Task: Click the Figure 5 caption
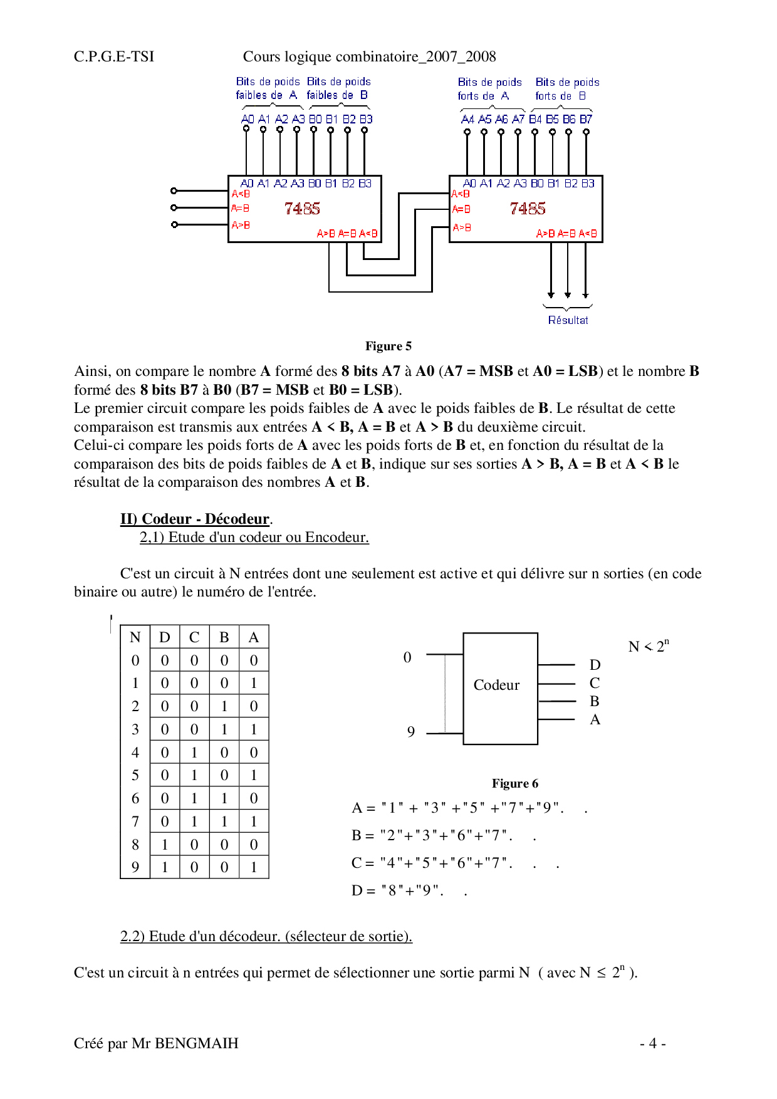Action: [388, 346]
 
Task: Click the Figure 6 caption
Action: [514, 784]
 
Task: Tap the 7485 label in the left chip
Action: [302, 209]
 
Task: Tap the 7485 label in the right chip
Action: [528, 209]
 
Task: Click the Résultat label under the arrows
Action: [568, 320]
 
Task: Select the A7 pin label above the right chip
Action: [518, 119]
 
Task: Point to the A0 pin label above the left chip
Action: [248, 119]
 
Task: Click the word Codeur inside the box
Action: [496, 685]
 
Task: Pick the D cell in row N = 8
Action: [165, 845]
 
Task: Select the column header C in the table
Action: [194, 637]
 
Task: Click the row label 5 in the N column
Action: [135, 776]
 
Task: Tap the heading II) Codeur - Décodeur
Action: [195, 519]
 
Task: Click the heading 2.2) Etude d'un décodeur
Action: [266, 936]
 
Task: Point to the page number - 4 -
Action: [652, 1043]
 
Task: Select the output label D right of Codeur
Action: [595, 665]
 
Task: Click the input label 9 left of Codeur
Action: [411, 732]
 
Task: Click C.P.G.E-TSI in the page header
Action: [114, 57]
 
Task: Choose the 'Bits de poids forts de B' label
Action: [567, 89]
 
